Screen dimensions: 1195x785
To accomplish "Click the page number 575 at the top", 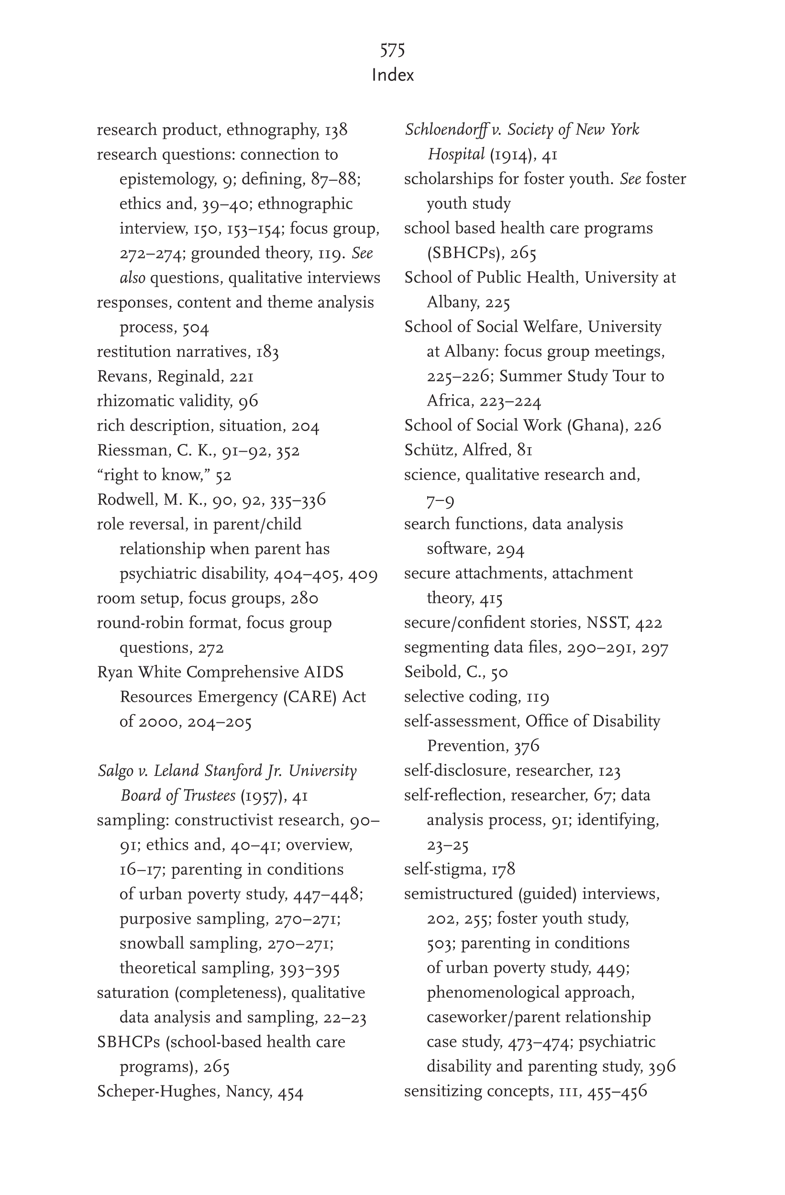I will coord(392,50).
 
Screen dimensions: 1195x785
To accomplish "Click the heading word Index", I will coord(392,75).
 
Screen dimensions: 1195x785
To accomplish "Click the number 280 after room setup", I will coord(303,598).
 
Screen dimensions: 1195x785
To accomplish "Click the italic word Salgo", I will coord(115,771).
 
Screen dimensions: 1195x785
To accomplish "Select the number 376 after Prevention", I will coord(526,746).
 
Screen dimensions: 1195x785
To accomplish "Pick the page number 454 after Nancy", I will coord(290,1092).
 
